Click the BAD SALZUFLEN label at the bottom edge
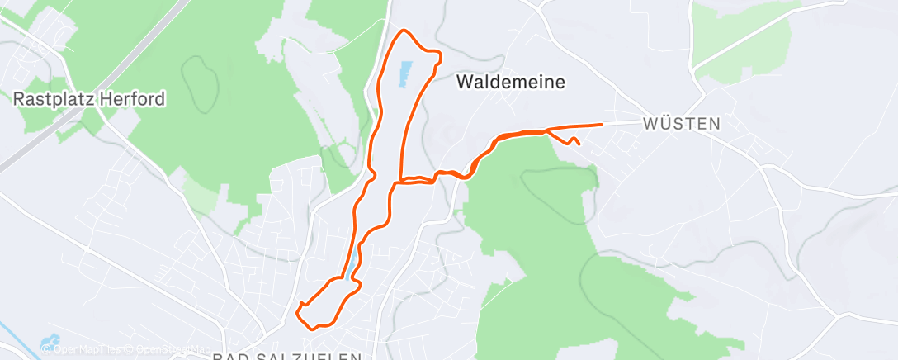pyautogui.click(x=286, y=356)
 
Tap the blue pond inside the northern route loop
pyautogui.click(x=404, y=73)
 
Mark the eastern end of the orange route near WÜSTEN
pyautogui.click(x=602, y=124)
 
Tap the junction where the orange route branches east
pyautogui.click(x=400, y=178)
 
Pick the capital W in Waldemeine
pyautogui.click(x=465, y=82)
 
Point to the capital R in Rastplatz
pyautogui.click(x=18, y=99)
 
